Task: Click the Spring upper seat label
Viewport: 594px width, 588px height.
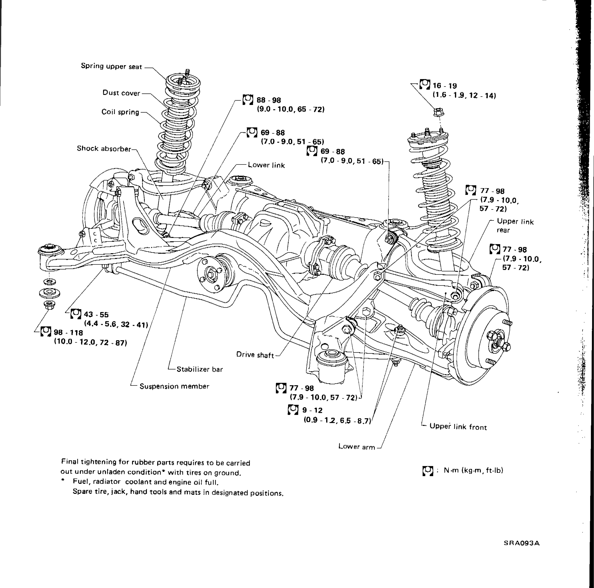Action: [111, 66]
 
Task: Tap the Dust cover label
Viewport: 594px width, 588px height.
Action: [121, 93]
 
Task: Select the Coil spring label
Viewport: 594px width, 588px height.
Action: [120, 112]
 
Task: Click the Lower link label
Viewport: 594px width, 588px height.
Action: [266, 165]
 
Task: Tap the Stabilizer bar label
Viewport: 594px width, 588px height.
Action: [199, 369]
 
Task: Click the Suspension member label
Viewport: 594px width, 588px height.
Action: [174, 386]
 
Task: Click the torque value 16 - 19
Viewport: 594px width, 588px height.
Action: [445, 86]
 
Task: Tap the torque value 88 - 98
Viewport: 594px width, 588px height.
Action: [269, 100]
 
